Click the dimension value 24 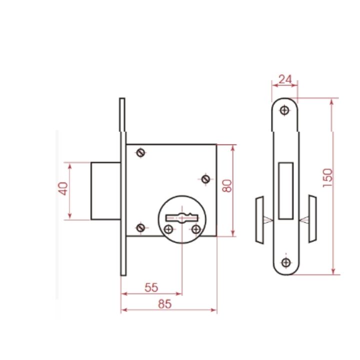point(285,79)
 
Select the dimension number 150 point(327,178)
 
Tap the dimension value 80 point(227,186)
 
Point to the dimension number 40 point(63,188)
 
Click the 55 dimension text point(151,287)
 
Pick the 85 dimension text point(165,304)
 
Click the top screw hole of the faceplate point(284,110)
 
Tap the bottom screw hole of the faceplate point(286,262)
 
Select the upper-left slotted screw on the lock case point(140,152)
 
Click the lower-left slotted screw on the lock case point(140,228)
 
